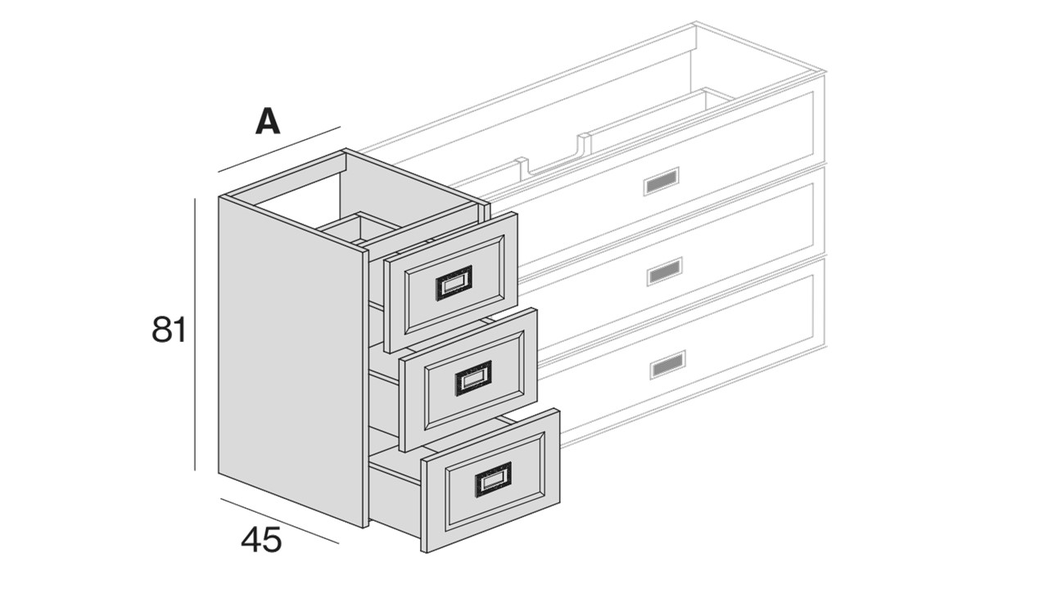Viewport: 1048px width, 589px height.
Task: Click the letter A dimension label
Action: click(267, 121)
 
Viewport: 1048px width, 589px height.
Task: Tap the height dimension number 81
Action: click(169, 330)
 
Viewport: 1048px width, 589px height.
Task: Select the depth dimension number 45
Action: click(261, 539)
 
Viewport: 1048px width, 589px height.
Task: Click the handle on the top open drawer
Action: click(454, 283)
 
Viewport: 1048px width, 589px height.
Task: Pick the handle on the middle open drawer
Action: click(473, 378)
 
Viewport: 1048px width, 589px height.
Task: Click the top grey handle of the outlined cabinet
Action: click(661, 182)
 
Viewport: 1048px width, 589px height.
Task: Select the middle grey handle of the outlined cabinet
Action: click(664, 272)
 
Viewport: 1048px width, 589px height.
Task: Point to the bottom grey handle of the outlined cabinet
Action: click(667, 365)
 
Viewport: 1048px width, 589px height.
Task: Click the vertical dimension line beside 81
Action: click(195, 335)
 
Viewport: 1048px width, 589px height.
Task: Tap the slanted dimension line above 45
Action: click(279, 521)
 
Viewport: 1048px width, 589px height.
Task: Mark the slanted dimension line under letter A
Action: click(279, 149)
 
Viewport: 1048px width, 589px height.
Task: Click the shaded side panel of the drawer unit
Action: click(291, 360)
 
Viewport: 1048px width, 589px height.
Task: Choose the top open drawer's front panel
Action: click(450, 282)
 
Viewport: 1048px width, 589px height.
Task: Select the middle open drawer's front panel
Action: click(468, 379)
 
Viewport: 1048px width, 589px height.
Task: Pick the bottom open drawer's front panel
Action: click(490, 480)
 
